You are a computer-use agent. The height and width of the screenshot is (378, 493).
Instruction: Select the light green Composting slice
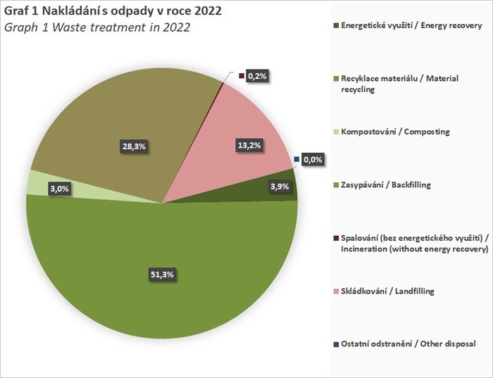point(37,183)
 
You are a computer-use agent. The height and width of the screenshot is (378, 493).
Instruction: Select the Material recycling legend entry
point(399,84)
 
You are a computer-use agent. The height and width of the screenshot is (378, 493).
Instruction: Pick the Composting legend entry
point(394,132)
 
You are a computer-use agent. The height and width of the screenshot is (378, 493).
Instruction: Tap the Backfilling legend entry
point(385,184)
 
